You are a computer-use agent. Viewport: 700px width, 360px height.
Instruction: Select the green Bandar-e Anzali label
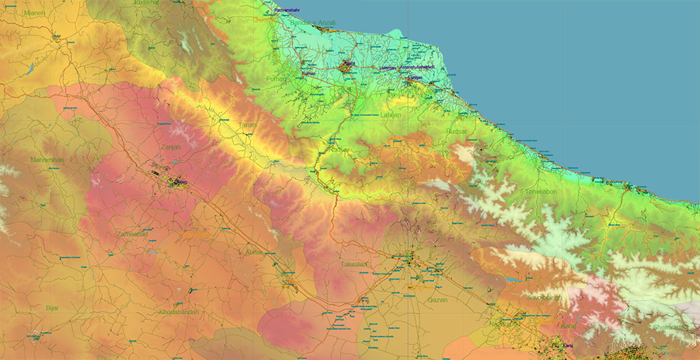[x=313, y=23]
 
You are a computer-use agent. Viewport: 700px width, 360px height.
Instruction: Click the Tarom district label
[x=248, y=125]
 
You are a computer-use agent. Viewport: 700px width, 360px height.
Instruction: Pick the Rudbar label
[x=339, y=150]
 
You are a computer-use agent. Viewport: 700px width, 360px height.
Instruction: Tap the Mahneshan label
[x=47, y=160]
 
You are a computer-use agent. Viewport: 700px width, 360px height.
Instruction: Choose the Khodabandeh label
[x=178, y=312]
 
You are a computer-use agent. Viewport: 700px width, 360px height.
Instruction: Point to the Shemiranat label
[x=671, y=327]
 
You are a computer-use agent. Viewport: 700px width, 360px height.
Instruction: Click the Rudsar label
[x=456, y=132]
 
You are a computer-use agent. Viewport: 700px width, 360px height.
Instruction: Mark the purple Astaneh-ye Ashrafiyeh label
[x=417, y=67]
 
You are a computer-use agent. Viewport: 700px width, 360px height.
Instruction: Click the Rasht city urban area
[x=347, y=67]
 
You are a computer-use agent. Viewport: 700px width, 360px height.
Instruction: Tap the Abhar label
[x=254, y=252]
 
